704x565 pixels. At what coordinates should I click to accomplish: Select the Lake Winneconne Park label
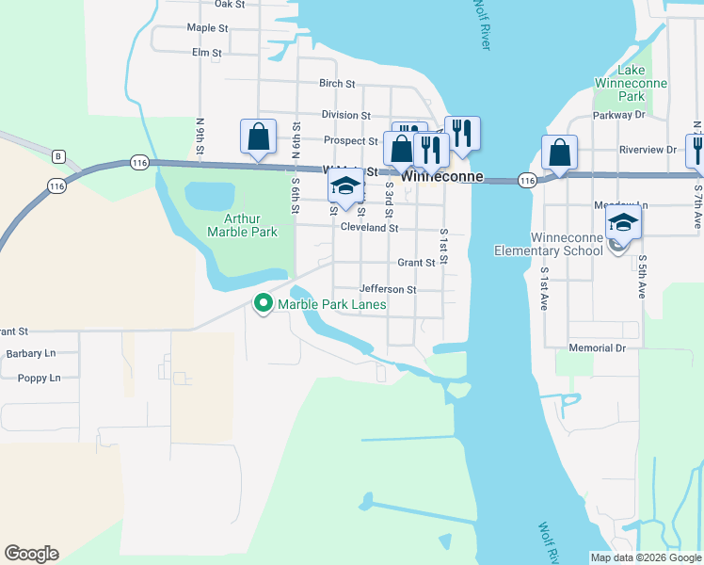pos(631,84)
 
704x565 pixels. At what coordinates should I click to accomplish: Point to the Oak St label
pos(230,5)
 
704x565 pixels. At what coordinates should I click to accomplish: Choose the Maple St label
pos(208,28)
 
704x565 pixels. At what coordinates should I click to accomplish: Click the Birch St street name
pos(336,84)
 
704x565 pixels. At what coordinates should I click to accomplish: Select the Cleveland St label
pos(370,228)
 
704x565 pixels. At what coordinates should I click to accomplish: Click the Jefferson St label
pos(387,290)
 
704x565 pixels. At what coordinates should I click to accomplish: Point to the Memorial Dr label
pos(597,348)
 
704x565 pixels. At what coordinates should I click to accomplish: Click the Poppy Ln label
pos(39,379)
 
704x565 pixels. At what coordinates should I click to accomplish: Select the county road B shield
pos(58,155)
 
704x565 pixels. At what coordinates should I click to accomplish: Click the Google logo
pos(31,554)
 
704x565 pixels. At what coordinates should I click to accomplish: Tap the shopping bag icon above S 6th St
pos(258,137)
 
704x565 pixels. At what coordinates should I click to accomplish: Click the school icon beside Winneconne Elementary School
pos(623,224)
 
